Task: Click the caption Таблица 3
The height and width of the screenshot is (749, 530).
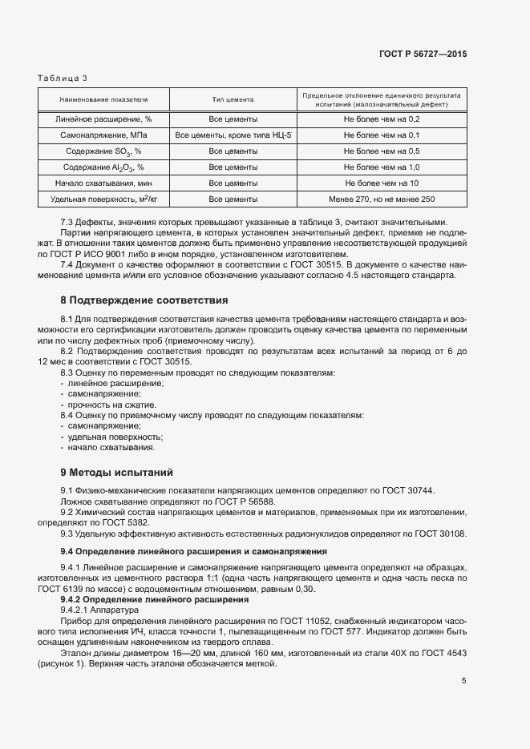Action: pyautogui.click(x=63, y=78)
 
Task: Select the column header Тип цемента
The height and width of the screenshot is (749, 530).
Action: pyautogui.click(x=233, y=100)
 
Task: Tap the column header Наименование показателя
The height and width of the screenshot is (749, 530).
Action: pyautogui.click(x=103, y=100)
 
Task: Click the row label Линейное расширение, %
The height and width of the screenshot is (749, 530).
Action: pyautogui.click(x=103, y=119)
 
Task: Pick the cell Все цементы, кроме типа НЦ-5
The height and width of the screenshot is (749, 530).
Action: pyautogui.click(x=233, y=135)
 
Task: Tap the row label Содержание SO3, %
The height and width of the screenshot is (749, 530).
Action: pyautogui.click(x=103, y=151)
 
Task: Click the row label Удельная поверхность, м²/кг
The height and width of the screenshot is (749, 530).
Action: pyautogui.click(x=103, y=199)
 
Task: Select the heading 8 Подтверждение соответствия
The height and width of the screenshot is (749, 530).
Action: pyautogui.click(x=144, y=300)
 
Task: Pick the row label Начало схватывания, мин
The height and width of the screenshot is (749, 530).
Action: pyautogui.click(x=103, y=183)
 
